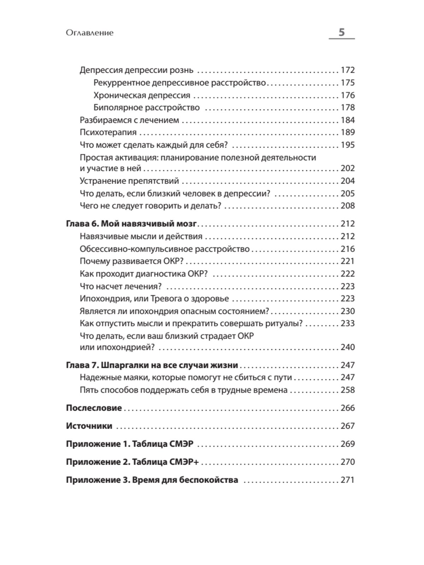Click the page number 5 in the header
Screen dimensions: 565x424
(x=341, y=32)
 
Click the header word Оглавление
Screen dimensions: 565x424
(x=89, y=33)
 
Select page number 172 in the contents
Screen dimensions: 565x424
(x=347, y=70)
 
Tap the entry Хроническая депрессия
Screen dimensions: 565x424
(x=142, y=95)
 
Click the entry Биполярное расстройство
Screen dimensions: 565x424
(x=147, y=108)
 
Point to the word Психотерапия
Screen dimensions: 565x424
(x=108, y=132)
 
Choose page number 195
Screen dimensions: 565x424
(x=347, y=145)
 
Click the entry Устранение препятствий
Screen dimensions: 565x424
(x=129, y=181)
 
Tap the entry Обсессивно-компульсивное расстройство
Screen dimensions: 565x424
(x=165, y=249)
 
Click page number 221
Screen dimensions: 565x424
(x=347, y=261)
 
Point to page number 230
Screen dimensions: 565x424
(x=347, y=311)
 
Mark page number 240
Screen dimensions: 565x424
(x=347, y=347)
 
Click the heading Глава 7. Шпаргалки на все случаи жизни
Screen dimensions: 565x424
(x=152, y=365)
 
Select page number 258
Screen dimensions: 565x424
(x=347, y=390)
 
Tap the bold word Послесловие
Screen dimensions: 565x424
(x=94, y=408)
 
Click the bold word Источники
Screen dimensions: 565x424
(x=89, y=426)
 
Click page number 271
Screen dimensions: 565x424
(x=347, y=480)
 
